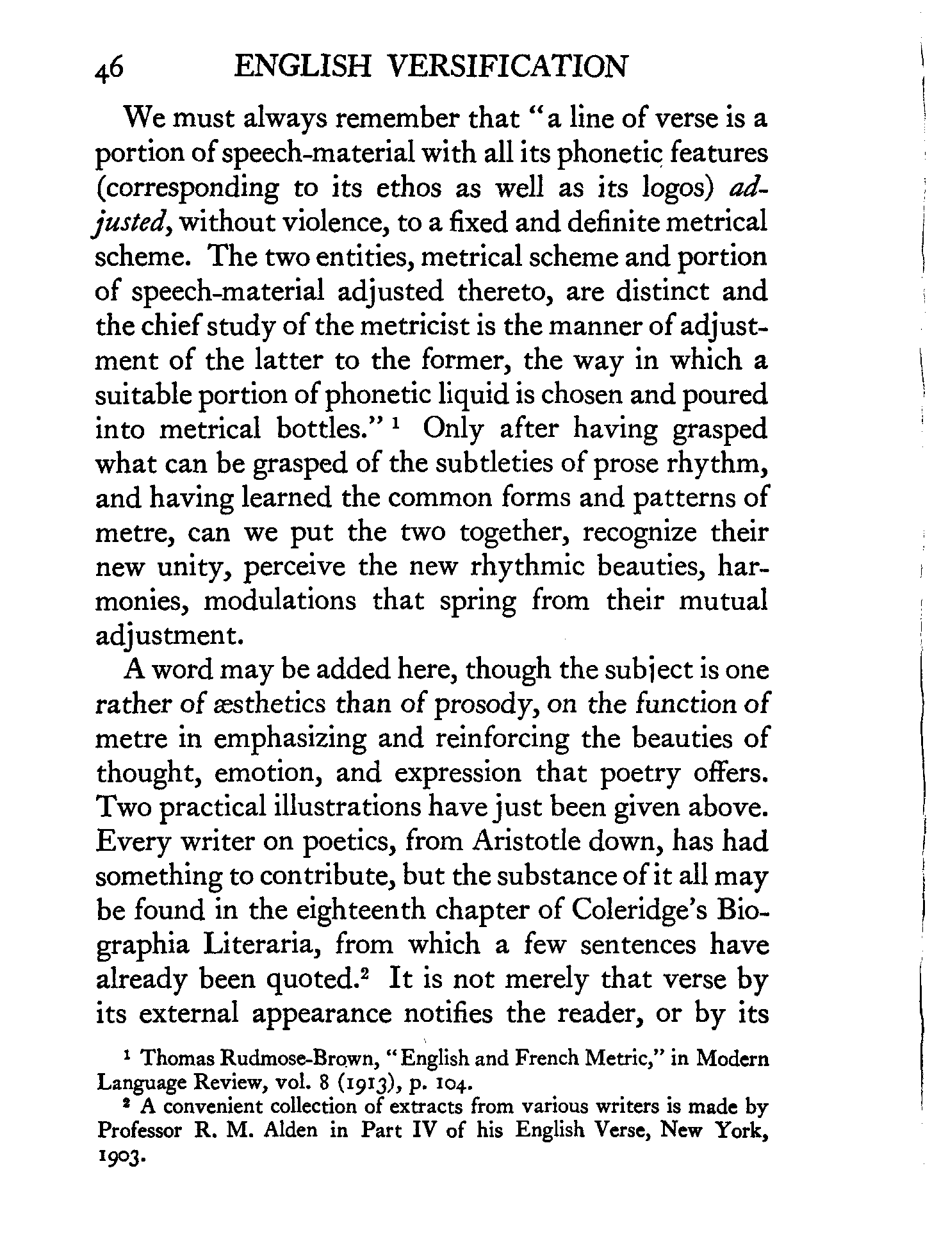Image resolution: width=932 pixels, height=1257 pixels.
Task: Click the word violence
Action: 336,222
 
